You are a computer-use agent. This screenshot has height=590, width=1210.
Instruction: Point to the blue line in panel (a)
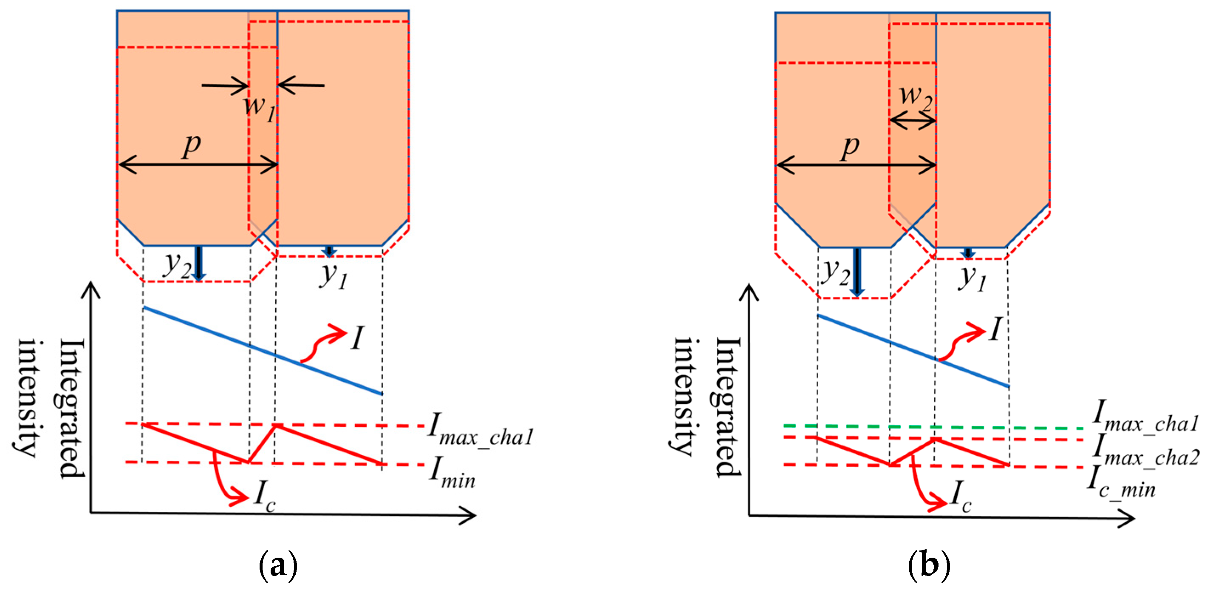tap(263, 351)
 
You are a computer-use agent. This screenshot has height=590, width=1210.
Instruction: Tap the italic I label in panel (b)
tap(995, 329)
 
